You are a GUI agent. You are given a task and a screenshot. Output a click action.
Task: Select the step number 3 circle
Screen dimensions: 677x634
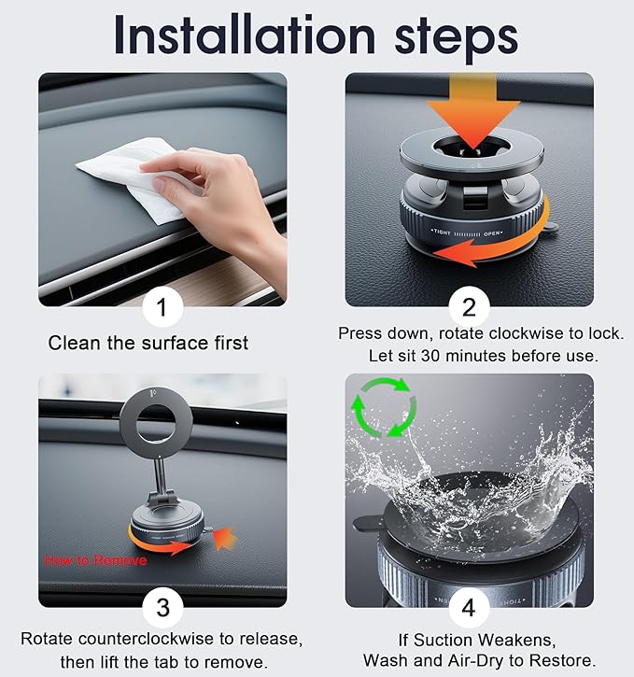(x=162, y=608)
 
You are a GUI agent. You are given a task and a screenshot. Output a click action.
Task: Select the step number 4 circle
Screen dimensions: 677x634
(x=467, y=608)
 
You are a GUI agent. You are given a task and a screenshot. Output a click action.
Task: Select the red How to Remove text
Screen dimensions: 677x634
(x=93, y=561)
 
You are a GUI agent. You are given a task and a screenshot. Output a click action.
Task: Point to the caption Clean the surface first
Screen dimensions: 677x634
(x=148, y=343)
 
